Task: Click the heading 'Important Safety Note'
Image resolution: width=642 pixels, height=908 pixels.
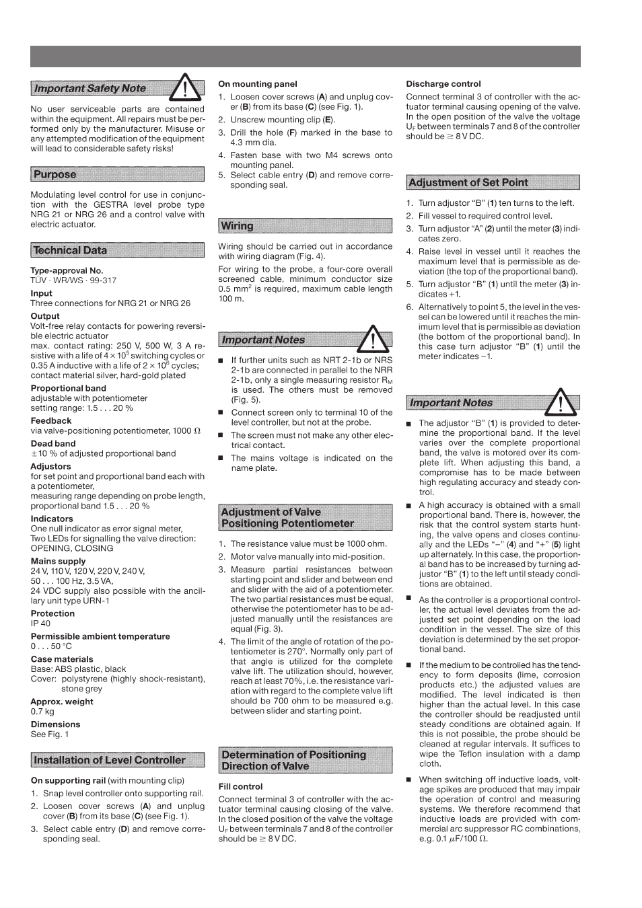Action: pos(90,88)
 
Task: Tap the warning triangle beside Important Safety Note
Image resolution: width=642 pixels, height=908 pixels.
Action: pos(186,86)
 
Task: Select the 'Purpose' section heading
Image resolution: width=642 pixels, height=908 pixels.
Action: pos(55,174)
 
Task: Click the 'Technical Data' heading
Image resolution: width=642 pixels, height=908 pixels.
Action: pos(70,250)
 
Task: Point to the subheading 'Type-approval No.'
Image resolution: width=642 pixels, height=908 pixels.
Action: pos(67,270)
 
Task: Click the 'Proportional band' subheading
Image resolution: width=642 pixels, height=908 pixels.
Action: pos(68,388)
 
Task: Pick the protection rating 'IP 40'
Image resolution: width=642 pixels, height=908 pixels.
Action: pos(40,623)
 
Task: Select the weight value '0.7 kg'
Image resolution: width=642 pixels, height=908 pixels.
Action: pos(42,712)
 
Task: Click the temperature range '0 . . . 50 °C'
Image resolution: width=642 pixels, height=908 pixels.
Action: pos(51,646)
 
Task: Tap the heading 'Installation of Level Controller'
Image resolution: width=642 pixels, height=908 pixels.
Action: pos(110,760)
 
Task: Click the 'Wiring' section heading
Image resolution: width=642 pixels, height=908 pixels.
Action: pos(238,226)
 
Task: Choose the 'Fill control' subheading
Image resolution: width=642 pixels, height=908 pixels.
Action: pos(240,786)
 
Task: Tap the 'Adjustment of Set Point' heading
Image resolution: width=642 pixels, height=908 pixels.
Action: pos(468,182)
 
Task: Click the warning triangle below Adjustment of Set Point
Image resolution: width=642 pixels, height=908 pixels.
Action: pos(561,402)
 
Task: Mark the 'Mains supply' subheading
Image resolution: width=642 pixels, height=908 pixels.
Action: pos(58,561)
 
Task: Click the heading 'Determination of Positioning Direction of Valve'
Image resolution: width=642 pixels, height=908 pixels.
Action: pos(293,760)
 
